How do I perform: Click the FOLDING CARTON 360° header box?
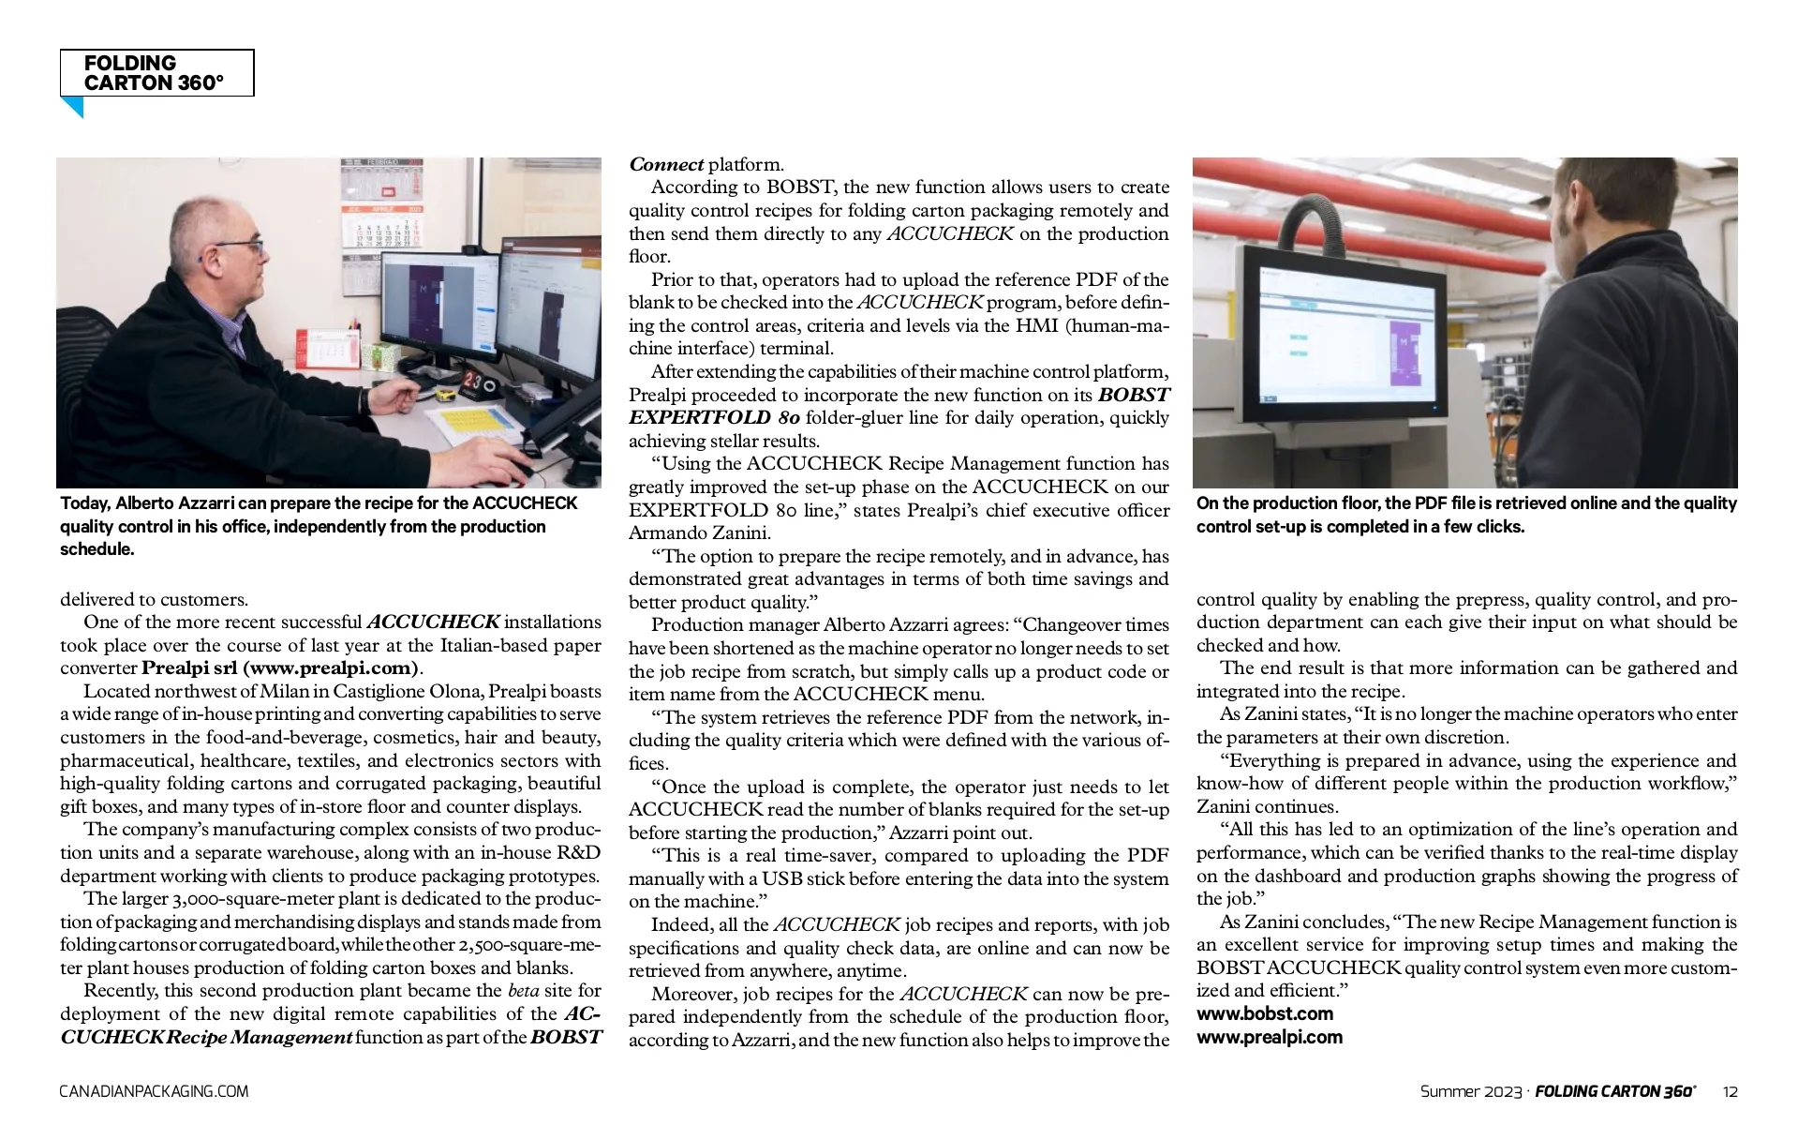(x=156, y=73)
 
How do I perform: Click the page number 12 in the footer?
(x=1730, y=1091)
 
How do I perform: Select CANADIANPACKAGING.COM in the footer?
(x=154, y=1091)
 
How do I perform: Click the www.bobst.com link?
(x=1264, y=1013)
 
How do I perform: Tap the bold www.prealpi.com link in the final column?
(x=1269, y=1037)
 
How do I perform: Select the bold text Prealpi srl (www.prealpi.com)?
(x=280, y=668)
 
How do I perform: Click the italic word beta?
(x=523, y=991)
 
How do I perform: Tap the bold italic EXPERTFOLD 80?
(x=714, y=418)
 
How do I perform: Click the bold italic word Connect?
(x=666, y=165)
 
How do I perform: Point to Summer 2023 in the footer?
(x=1470, y=1091)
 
